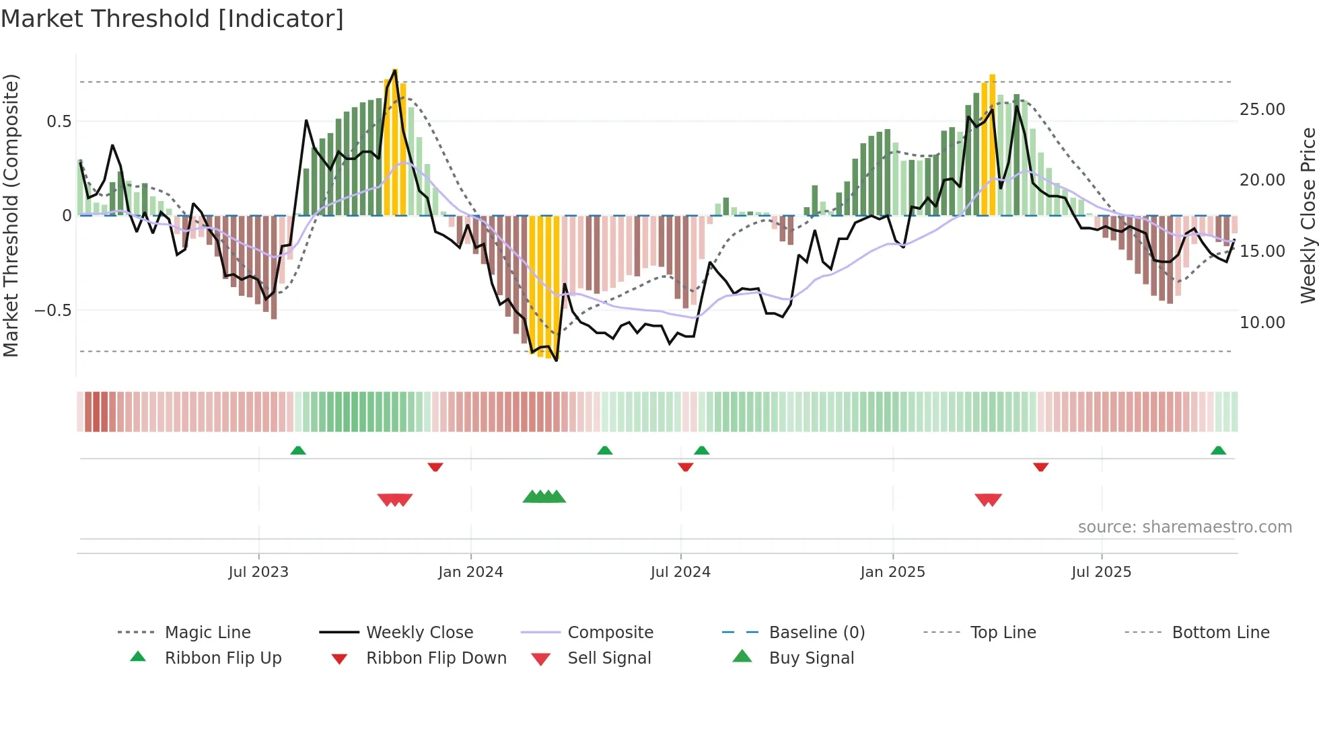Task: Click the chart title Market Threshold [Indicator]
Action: pyautogui.click(x=172, y=19)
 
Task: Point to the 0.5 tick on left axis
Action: pyautogui.click(x=59, y=122)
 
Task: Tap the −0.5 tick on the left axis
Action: pyautogui.click(x=52, y=311)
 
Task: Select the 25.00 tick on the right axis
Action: pyautogui.click(x=1262, y=110)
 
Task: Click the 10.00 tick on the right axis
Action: pyautogui.click(x=1262, y=323)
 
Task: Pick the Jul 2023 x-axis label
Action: pyautogui.click(x=258, y=572)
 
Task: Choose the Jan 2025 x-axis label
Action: pyautogui.click(x=892, y=572)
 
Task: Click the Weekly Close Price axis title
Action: pyautogui.click(x=1308, y=215)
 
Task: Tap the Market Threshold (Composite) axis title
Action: pyautogui.click(x=11, y=215)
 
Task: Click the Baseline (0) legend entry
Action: pyautogui.click(x=816, y=633)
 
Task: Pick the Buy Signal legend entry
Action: pyautogui.click(x=811, y=658)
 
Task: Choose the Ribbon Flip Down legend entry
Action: pyautogui.click(x=436, y=658)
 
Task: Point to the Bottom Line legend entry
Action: pyautogui.click(x=1220, y=633)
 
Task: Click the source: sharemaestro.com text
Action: pyautogui.click(x=1184, y=527)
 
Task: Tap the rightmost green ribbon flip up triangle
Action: pyautogui.click(x=1218, y=451)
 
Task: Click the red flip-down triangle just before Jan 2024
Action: pyautogui.click(x=435, y=467)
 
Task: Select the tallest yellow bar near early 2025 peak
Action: pyautogui.click(x=992, y=145)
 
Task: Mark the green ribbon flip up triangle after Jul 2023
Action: pyautogui.click(x=298, y=451)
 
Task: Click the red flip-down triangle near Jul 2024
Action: pyautogui.click(x=686, y=467)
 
